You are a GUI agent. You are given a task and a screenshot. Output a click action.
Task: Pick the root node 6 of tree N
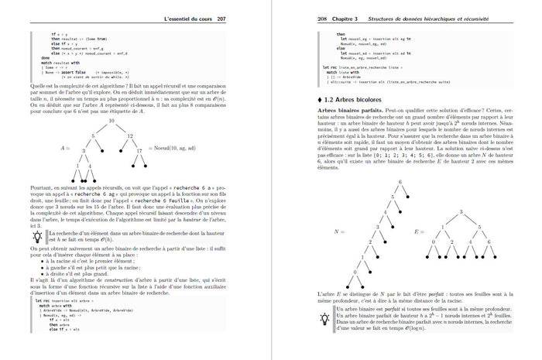click(x=400, y=181)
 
